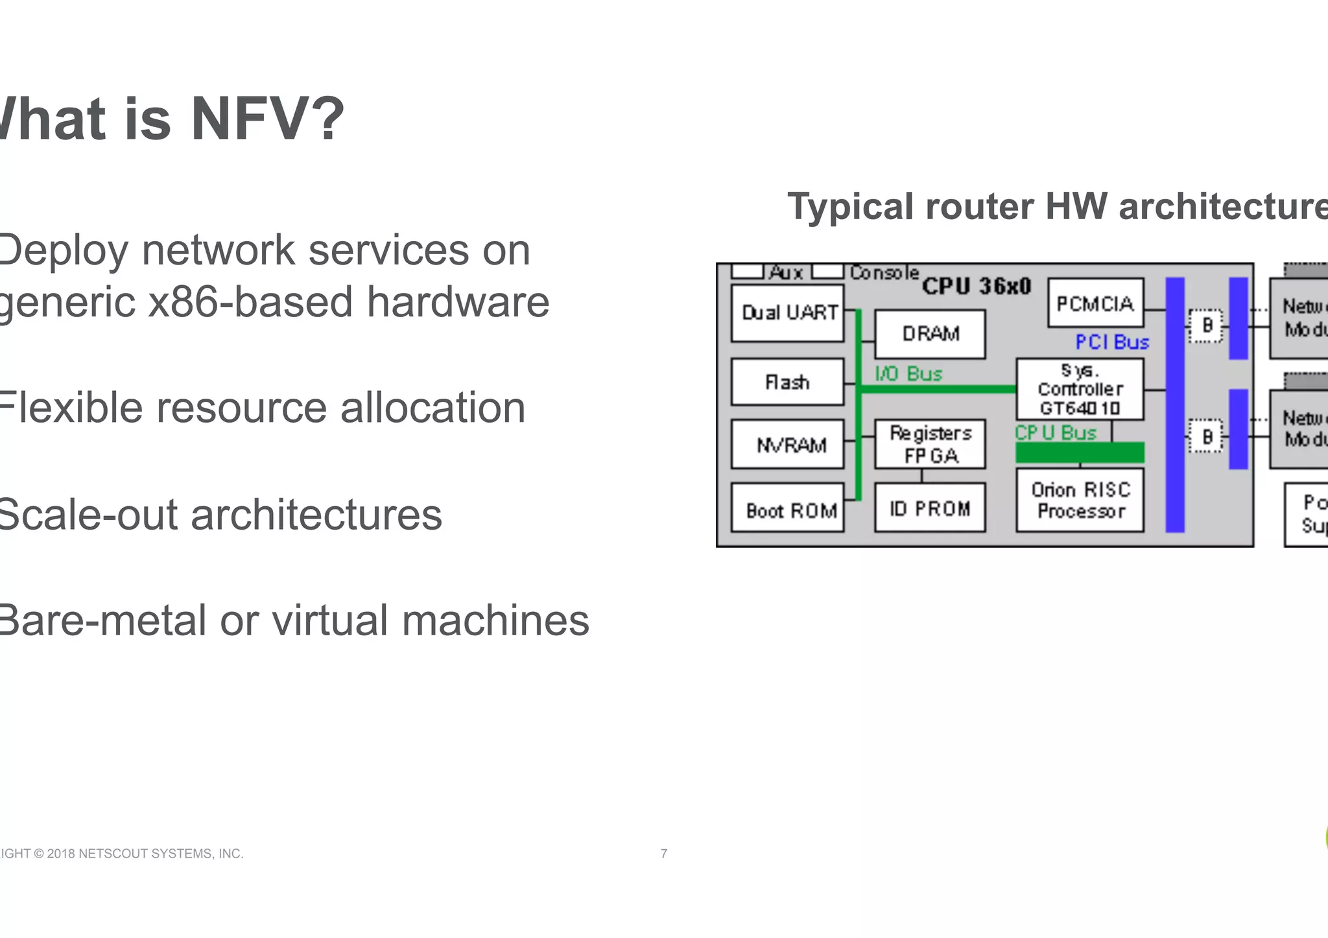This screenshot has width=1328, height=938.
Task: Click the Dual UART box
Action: tap(787, 313)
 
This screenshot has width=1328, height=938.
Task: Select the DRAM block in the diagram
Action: tap(930, 334)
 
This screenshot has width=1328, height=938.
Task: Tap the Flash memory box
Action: tap(787, 382)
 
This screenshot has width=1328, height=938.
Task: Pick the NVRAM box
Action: tap(787, 445)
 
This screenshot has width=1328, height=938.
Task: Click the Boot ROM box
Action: tap(787, 509)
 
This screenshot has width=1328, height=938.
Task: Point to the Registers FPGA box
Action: tap(930, 444)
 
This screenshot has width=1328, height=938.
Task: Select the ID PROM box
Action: tap(930, 508)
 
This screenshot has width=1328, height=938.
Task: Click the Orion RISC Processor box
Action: tap(1080, 500)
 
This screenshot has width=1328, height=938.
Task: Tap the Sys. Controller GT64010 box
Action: tap(1080, 389)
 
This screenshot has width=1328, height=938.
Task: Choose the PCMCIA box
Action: tap(1095, 303)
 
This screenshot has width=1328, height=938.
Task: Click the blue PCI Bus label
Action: tap(1112, 342)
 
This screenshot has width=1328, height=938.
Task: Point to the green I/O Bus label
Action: tap(908, 373)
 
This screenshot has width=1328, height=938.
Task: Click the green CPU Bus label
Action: tap(1055, 432)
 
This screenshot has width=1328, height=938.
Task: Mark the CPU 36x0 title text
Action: tap(976, 286)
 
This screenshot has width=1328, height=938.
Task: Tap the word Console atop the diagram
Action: tap(884, 272)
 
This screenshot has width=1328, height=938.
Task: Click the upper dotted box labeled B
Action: tap(1206, 325)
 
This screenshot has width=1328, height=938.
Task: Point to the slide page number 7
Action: tap(663, 854)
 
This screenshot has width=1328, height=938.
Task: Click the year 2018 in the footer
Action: tap(61, 854)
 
